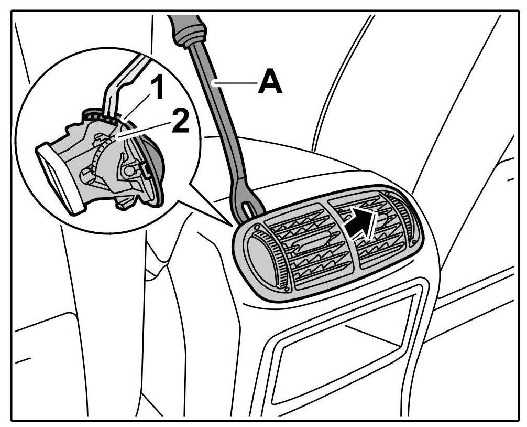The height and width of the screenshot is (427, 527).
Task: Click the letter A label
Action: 270,84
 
